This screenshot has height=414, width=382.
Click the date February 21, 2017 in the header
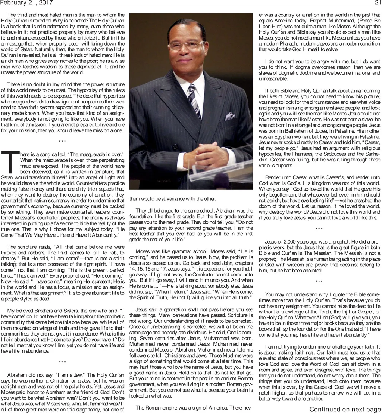click(26, 3)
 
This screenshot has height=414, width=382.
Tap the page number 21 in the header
click(377, 3)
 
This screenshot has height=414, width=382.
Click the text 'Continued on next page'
click(345, 410)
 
